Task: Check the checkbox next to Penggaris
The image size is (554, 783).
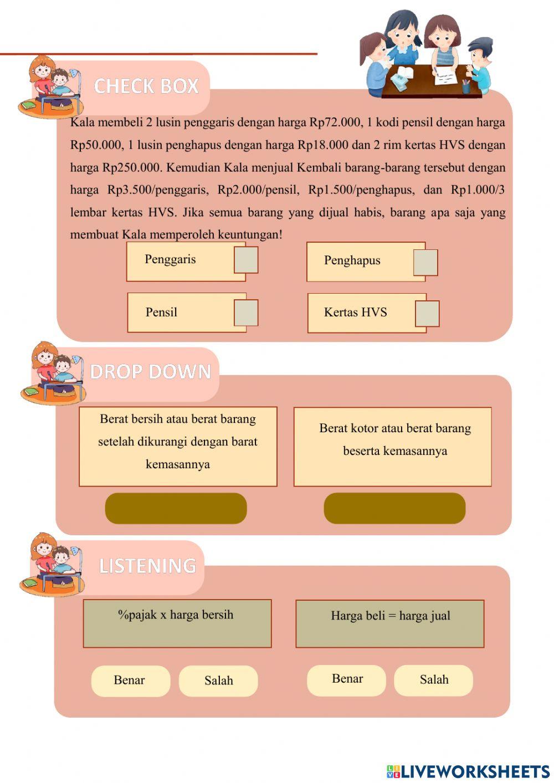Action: (x=246, y=260)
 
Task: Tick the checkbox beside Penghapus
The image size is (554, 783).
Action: (x=425, y=263)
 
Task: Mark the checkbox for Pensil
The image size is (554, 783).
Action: (x=246, y=313)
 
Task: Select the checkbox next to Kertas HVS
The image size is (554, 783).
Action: (x=427, y=314)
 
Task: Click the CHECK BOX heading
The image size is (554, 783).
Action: (x=146, y=86)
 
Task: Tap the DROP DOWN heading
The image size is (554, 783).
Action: (x=151, y=372)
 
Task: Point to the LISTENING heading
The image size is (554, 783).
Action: (x=147, y=566)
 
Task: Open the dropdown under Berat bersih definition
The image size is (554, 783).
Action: (x=176, y=508)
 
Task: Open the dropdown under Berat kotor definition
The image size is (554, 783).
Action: (x=394, y=508)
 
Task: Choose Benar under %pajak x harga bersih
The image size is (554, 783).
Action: (x=130, y=680)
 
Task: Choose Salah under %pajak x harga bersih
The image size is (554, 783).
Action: (x=218, y=681)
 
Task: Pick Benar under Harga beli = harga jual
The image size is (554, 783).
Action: (x=347, y=679)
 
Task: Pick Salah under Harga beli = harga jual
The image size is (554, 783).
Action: (x=434, y=680)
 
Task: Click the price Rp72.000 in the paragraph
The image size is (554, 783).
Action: (x=335, y=122)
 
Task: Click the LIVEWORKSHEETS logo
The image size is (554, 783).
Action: (x=468, y=771)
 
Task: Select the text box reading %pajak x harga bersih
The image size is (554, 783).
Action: (x=177, y=623)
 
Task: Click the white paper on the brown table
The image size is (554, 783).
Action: (x=446, y=75)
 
